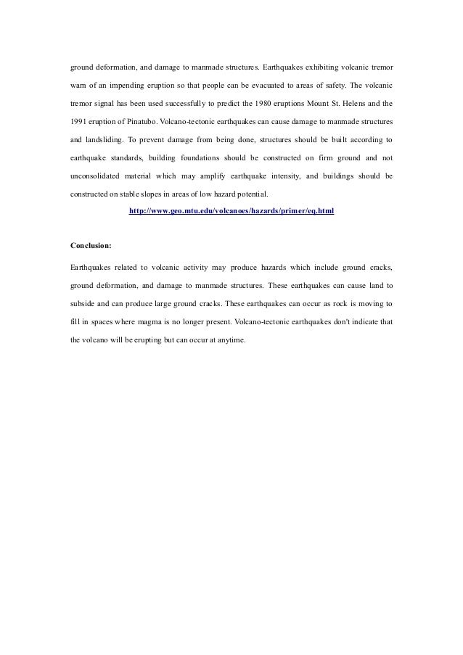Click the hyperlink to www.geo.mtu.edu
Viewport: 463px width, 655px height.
pyautogui.click(x=231, y=211)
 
